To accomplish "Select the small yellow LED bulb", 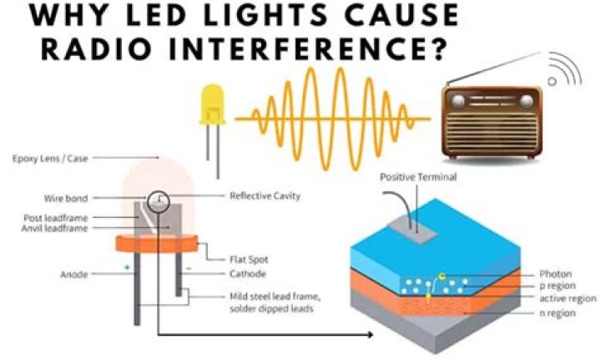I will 211,106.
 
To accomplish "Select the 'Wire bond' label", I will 66,198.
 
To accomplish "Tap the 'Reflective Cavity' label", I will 265,196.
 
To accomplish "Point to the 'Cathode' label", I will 248,274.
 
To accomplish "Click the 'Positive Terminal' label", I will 418,177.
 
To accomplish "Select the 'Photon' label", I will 557,273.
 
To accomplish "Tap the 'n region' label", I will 558,312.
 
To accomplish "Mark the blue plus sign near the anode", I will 129,268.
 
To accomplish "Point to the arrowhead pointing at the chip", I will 367,335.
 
